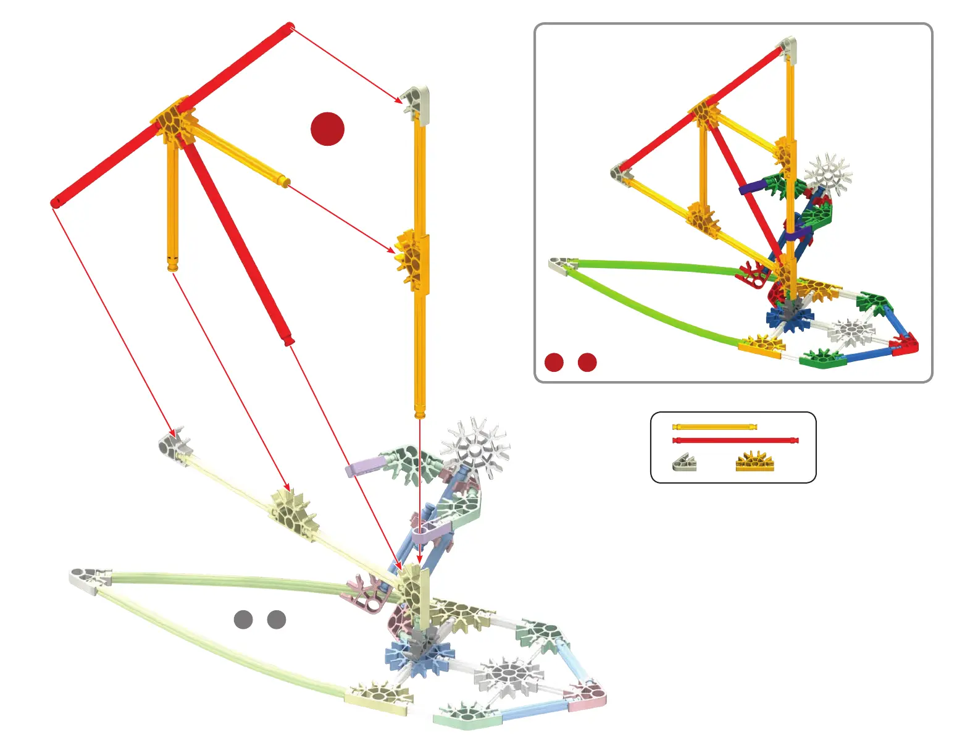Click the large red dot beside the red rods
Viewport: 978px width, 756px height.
(327, 128)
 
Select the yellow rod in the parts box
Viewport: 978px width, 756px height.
(714, 427)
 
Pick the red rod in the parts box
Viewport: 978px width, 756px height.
(735, 440)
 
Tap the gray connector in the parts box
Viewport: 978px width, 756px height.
(684, 462)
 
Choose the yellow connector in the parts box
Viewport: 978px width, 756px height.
(754, 462)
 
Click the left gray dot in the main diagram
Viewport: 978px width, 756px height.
(243, 619)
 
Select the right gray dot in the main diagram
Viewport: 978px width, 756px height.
(277, 619)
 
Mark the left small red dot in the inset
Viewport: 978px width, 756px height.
(554, 363)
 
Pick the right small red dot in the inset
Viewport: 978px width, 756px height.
(587, 363)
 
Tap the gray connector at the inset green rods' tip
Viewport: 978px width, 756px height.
(561, 266)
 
